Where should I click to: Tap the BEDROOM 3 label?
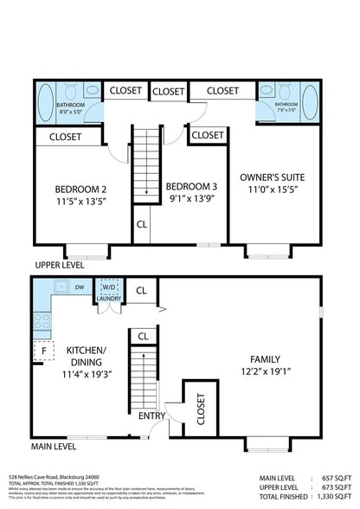[x=191, y=187]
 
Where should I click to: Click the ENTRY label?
[x=151, y=416]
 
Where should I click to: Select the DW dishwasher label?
[x=79, y=287]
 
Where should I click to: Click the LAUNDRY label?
[x=109, y=299]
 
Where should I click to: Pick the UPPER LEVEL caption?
[x=60, y=265]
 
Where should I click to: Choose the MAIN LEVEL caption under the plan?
[x=54, y=447]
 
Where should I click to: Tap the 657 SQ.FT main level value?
[x=331, y=477]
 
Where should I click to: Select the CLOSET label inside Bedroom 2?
[x=66, y=137]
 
